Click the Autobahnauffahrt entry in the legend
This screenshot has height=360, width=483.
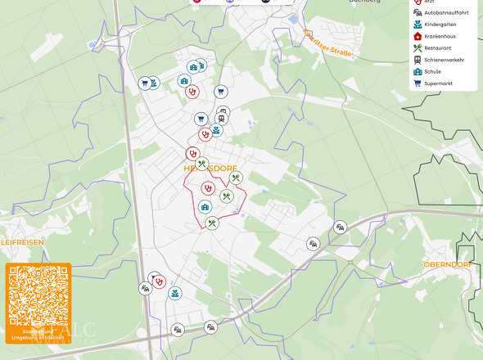coord(440,12)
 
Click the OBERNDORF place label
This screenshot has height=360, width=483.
coord(447,264)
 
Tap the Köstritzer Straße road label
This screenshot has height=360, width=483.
coord(327,45)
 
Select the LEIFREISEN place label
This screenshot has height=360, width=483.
coord(22,242)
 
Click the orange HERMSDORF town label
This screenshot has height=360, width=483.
coord(210,168)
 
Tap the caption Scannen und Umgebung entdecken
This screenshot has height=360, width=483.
coord(38,335)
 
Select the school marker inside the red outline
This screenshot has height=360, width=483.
coord(205,207)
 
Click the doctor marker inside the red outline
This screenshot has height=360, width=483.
coord(208,188)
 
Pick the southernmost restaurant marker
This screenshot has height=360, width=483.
coord(212,223)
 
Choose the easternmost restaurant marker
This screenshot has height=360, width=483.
coord(236,178)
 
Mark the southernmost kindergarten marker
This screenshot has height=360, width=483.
coord(174,292)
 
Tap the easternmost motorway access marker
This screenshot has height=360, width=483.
coord(341,227)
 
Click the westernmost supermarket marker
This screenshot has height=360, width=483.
coord(144,83)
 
